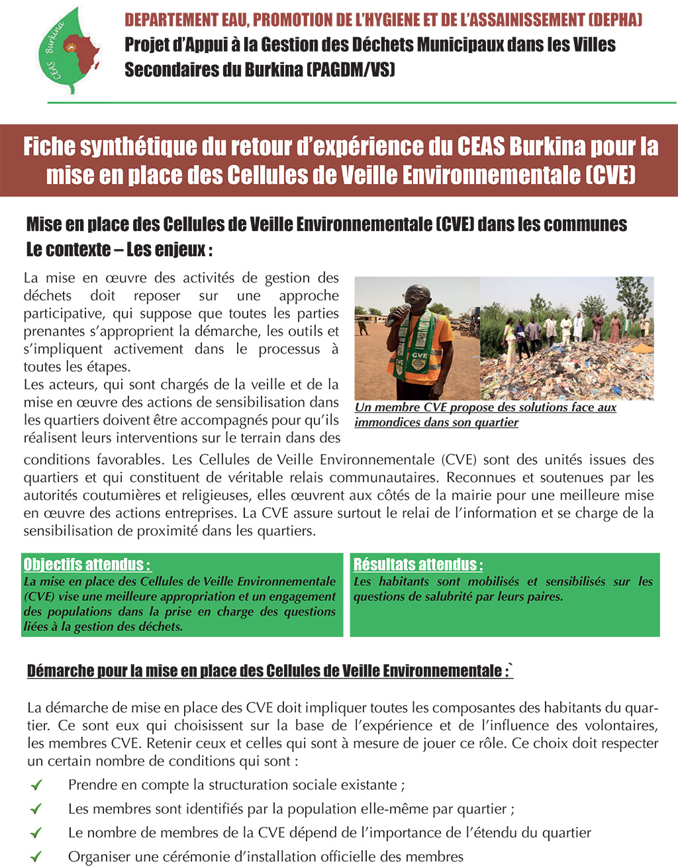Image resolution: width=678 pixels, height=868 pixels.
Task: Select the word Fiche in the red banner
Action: pos(50,146)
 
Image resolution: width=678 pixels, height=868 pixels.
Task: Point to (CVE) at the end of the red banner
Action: pos(610,175)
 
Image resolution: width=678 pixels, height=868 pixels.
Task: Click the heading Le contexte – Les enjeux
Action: pos(119,250)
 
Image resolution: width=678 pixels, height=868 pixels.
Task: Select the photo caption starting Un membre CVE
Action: pos(485,414)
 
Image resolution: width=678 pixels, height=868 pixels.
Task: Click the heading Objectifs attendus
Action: pos(87,565)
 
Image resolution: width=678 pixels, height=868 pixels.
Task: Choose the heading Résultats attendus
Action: pos(418,565)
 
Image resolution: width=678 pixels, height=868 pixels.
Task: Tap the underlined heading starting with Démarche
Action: pos(269,671)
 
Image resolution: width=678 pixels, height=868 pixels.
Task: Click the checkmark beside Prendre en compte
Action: pos(36,785)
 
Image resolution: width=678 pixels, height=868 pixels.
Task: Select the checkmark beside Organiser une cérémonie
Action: pos(36,857)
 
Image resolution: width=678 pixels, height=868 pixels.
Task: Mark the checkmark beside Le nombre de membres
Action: pos(36,833)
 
